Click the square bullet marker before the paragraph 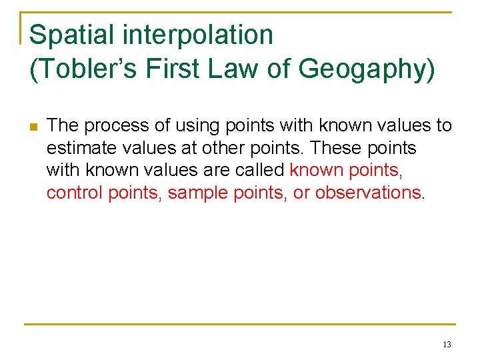click(33, 126)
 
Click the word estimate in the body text click(78, 148)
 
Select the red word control click(71, 193)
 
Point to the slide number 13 click(447, 345)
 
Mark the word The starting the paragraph click(63, 125)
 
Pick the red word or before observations click(302, 193)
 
